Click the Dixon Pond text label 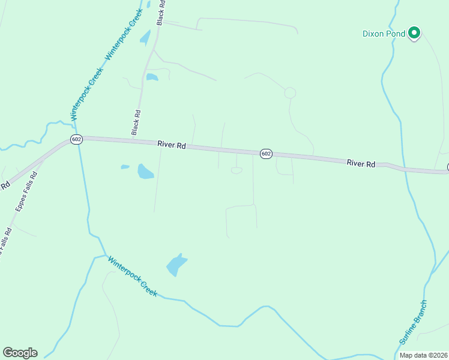pyautogui.click(x=384, y=34)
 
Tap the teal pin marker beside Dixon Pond pyautogui.click(x=414, y=33)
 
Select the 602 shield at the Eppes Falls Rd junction pyautogui.click(x=76, y=139)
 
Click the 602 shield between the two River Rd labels pyautogui.click(x=267, y=154)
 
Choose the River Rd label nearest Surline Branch pyautogui.click(x=361, y=163)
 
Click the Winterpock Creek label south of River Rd pyautogui.click(x=133, y=276)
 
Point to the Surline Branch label pyautogui.click(x=414, y=322)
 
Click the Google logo pyautogui.click(x=20, y=353)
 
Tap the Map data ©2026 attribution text pyautogui.click(x=424, y=355)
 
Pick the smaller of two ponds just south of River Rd pyautogui.click(x=125, y=167)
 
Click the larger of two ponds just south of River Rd pyautogui.click(x=145, y=172)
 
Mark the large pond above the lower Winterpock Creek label pyautogui.click(x=176, y=264)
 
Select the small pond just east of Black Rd pyautogui.click(x=152, y=77)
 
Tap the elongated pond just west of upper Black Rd pyautogui.click(x=145, y=37)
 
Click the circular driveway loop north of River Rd pyautogui.click(x=290, y=92)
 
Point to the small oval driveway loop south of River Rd pyautogui.click(x=237, y=170)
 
